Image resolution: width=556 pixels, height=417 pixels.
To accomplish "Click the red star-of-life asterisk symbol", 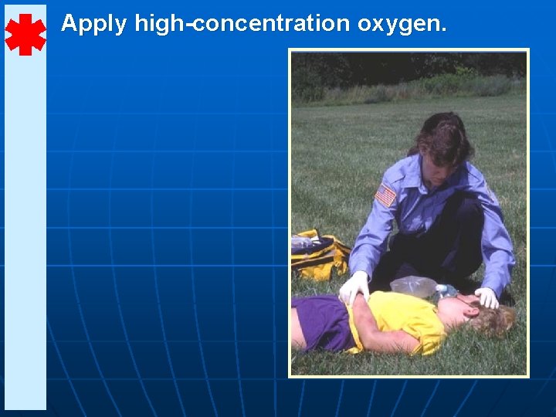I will click(x=25, y=35).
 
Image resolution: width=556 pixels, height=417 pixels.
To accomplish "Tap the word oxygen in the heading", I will click(x=399, y=25).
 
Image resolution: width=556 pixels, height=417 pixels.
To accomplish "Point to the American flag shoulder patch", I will click(x=385, y=195).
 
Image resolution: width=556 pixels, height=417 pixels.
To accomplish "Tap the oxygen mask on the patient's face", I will click(x=447, y=293).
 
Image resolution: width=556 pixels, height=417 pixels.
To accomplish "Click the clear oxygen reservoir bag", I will click(x=414, y=286).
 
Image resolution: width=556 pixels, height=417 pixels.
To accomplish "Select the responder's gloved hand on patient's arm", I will click(x=354, y=287).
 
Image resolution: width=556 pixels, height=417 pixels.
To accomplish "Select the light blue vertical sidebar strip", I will click(x=25, y=232).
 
